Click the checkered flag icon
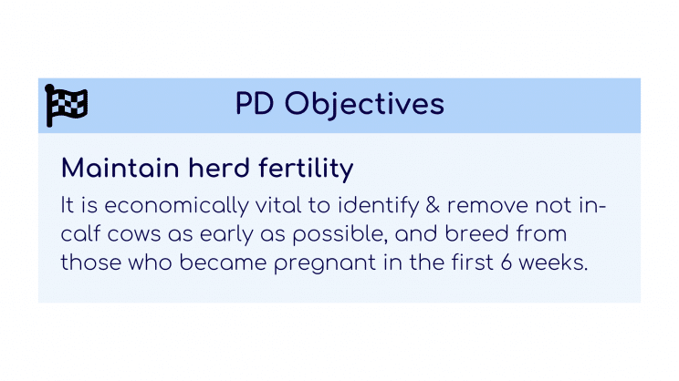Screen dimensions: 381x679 pos(66,105)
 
